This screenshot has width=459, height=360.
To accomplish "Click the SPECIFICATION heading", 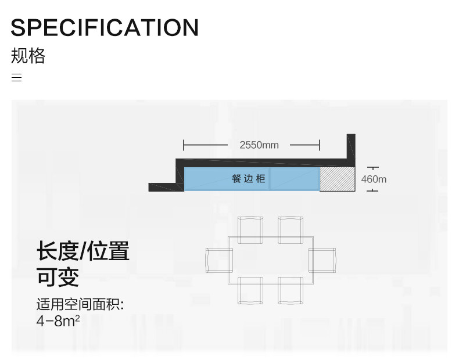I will (x=105, y=28).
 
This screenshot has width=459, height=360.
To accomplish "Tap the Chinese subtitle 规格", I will (x=28, y=56).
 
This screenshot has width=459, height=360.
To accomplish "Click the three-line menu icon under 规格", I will (x=16, y=78).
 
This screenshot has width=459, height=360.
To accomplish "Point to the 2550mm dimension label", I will (x=259, y=145).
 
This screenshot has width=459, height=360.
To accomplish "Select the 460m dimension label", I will (x=373, y=179).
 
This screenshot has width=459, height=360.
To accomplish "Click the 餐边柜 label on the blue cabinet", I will (x=248, y=179).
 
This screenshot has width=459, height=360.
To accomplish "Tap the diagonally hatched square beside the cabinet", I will (x=337, y=179).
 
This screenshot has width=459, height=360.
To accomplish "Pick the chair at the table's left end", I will (x=218, y=260).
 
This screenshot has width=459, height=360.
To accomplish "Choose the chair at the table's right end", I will (x=322, y=260).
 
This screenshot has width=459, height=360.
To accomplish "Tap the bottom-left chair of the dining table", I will (x=250, y=291).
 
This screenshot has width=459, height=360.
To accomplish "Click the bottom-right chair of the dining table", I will (x=290, y=291).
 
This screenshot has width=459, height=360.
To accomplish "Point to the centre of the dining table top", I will (x=270, y=260).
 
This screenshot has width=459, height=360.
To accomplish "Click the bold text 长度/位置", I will (x=83, y=251).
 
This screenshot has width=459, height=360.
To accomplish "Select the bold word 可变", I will (x=58, y=277).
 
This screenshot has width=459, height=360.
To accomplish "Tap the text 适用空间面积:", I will (x=80, y=304).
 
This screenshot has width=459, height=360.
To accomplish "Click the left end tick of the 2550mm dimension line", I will (x=184, y=145).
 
